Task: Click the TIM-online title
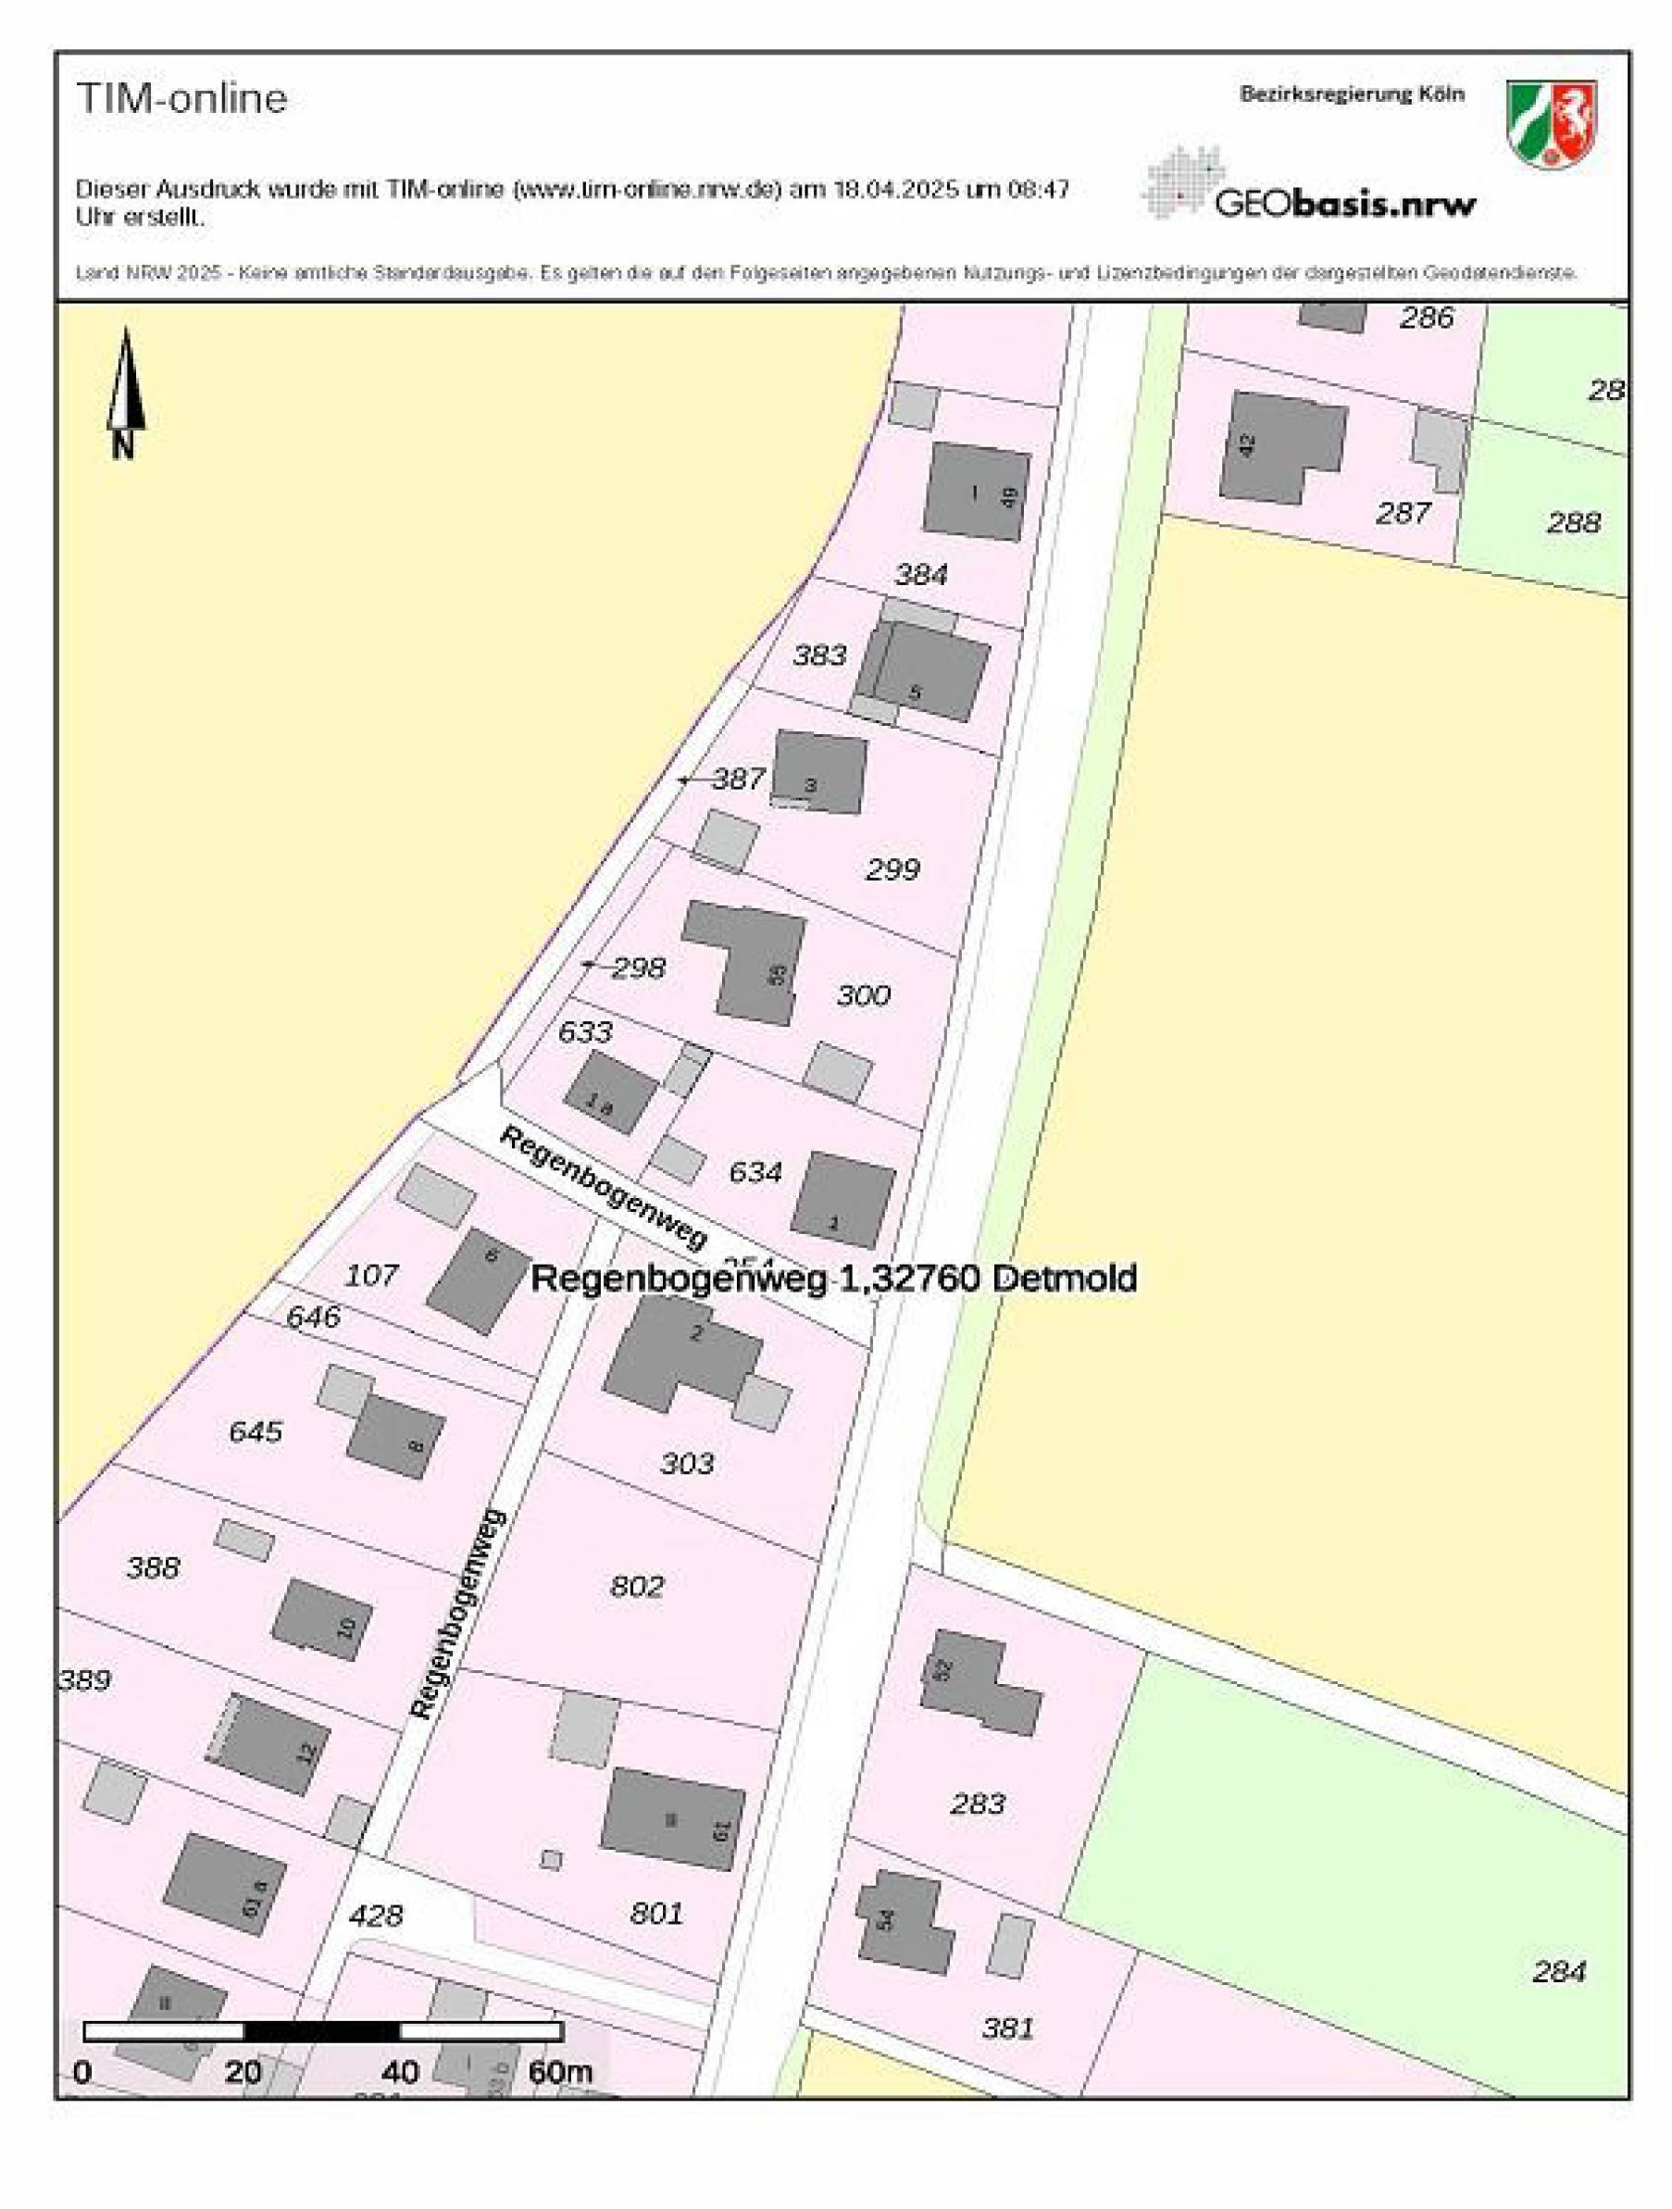pyautogui.click(x=181, y=99)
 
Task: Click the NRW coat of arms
pyautogui.click(x=1551, y=124)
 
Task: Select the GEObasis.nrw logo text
pyautogui.click(x=1343, y=204)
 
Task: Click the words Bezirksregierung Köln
pyautogui.click(x=1352, y=94)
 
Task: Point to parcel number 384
pyautogui.click(x=920, y=574)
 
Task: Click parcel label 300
pyautogui.click(x=863, y=994)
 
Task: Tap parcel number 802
pyautogui.click(x=637, y=1586)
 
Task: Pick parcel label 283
pyautogui.click(x=977, y=1803)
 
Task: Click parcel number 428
pyautogui.click(x=376, y=1915)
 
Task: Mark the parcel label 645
pyautogui.click(x=256, y=1431)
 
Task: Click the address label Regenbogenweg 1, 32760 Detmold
pyautogui.click(x=833, y=1279)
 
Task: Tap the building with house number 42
pyautogui.click(x=1280, y=445)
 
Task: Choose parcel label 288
pyautogui.click(x=1573, y=521)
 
